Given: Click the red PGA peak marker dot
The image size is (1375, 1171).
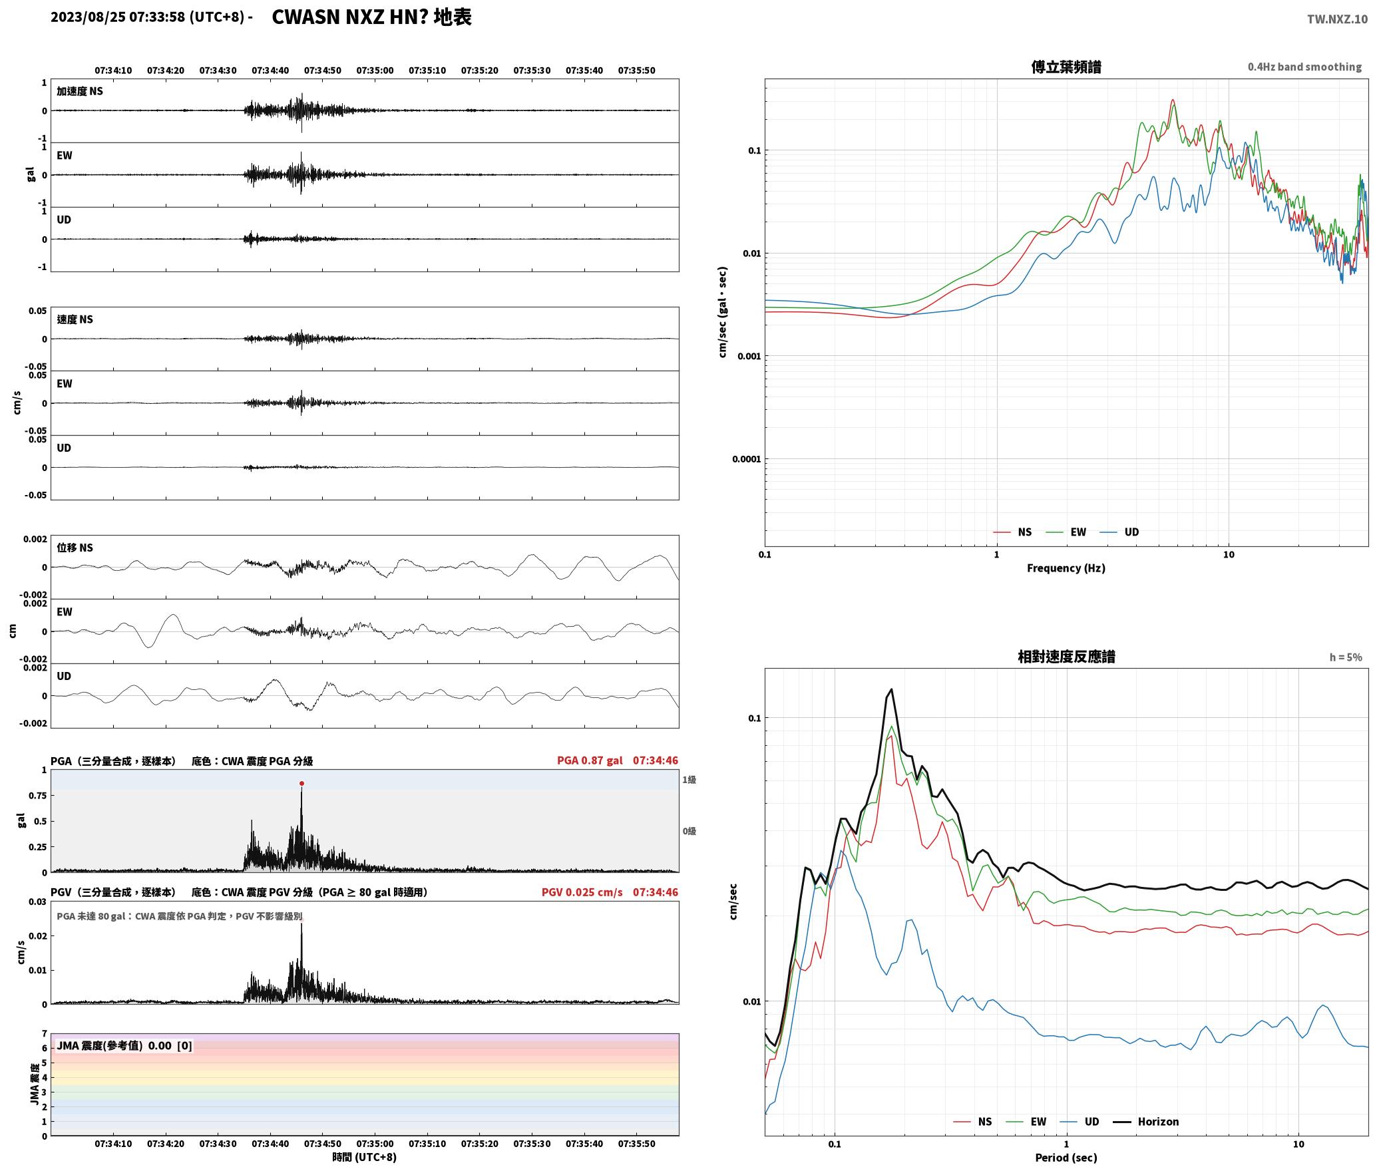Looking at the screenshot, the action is (301, 783).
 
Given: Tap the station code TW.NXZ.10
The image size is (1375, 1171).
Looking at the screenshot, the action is (1337, 19).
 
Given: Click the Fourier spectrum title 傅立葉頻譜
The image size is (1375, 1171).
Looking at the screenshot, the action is (1066, 67).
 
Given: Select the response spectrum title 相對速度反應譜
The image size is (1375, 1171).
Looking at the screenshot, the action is (1066, 656).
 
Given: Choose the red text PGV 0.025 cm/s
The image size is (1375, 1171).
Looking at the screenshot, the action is (582, 892).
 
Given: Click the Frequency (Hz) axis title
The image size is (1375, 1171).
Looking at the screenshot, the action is (1066, 568).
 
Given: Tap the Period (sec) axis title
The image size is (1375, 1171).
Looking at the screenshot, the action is (1066, 1158).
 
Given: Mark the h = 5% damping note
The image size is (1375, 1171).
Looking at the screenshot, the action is (1346, 657).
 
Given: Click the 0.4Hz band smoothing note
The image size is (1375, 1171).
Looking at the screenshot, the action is (1304, 67).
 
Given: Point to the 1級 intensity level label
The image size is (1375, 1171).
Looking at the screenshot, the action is (689, 779).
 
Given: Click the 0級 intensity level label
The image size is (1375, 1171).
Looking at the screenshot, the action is (689, 831).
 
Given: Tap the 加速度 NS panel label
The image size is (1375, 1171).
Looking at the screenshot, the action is (80, 91).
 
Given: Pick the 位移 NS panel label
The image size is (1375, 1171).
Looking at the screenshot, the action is (75, 548).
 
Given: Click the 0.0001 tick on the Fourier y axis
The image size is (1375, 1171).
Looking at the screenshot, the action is (746, 459).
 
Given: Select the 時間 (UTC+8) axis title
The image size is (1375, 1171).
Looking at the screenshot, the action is (365, 1157).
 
